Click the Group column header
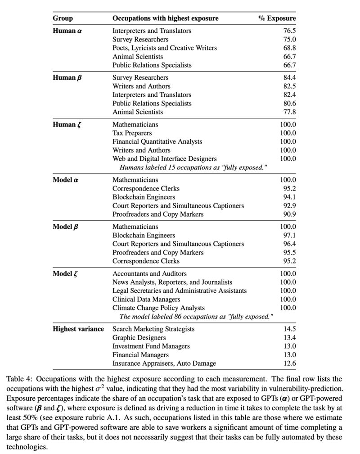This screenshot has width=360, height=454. pos(63,18)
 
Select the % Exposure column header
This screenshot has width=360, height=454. pos(277,18)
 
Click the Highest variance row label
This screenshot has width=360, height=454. pos(78,329)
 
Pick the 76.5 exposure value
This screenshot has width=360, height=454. pos(288,31)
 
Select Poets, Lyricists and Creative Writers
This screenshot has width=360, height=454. pos(164,48)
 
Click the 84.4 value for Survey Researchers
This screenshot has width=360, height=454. pos(288,77)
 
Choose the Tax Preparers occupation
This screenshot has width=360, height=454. pos(132,133)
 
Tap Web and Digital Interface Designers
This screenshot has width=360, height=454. pos(164,159)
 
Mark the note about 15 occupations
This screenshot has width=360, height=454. pos(193,167)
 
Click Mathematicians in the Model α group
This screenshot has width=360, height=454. pos(135,180)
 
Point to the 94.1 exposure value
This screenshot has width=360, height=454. pos(288,197)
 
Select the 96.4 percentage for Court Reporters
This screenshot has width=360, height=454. pos(288,244)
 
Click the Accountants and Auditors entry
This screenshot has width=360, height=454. pos(149,273)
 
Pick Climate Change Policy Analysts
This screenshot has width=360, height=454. pos(158,308)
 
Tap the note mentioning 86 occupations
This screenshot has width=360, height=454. pos(196,316)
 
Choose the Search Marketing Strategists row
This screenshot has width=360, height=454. pos(153,329)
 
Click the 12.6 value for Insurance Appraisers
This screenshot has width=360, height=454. pos(288,363)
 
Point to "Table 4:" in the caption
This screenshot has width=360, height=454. pos(19,379)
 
